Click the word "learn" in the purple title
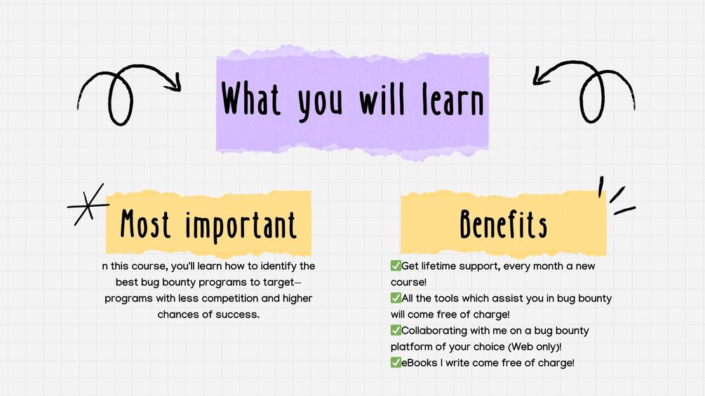(x=452, y=100)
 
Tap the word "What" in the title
(x=251, y=98)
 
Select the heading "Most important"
(x=208, y=225)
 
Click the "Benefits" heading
(x=504, y=224)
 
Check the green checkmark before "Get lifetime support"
(x=396, y=266)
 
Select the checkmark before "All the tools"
(x=396, y=298)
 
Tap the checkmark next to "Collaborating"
(x=396, y=330)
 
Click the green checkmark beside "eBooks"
(x=396, y=363)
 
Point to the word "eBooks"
(x=419, y=363)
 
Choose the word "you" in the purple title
(x=320, y=102)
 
